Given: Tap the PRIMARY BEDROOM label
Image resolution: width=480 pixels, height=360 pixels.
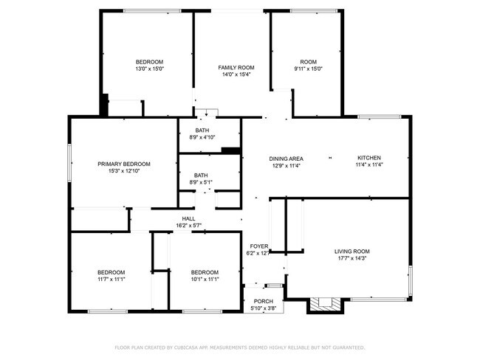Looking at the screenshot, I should point(124,164).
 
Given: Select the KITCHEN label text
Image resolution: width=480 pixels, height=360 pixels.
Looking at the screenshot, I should point(368,158).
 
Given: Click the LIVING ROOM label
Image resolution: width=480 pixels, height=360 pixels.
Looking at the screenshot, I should point(352,252).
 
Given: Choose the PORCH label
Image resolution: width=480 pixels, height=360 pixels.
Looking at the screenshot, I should point(263,301).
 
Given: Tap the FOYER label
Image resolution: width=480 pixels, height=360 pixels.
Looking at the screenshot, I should point(258,246).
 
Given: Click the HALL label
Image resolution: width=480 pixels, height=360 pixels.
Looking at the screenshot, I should point(189,218).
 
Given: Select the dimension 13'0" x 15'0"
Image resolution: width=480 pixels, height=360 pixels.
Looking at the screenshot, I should point(148,69).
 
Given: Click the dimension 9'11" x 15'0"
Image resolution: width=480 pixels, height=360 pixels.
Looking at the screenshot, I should point(308,69).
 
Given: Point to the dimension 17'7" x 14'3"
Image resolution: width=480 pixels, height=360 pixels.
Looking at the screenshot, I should point(352,258).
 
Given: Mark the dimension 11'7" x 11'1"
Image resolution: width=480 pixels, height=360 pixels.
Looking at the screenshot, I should point(111,279).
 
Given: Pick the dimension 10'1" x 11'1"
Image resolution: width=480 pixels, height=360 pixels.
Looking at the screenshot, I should point(205,279).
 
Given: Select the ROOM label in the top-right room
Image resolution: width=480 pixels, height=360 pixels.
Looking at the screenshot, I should point(308,62).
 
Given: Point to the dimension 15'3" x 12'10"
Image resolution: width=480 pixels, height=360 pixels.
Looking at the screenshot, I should point(124,170).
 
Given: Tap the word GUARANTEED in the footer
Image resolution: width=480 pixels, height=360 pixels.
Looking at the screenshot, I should point(347,347).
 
